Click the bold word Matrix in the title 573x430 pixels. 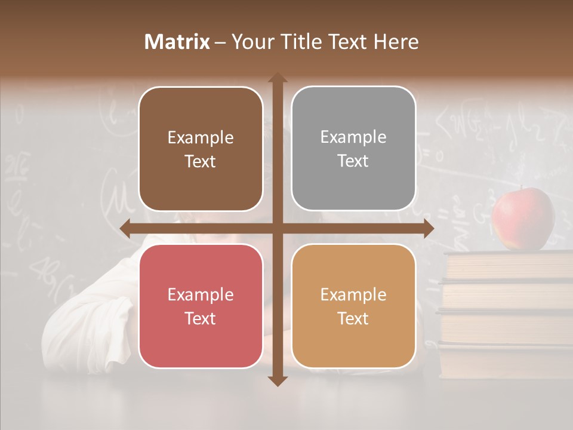pos(177,42)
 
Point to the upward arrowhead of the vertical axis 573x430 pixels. pos(277,78)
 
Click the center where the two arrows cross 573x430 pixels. pos(277,229)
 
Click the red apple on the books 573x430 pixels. pos(523,219)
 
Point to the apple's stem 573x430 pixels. pos(523,189)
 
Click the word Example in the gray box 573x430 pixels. pos(353,137)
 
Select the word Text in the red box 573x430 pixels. pos(201,318)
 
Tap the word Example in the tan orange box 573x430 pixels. pos(353,294)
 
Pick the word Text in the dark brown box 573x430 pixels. pos(201,161)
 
